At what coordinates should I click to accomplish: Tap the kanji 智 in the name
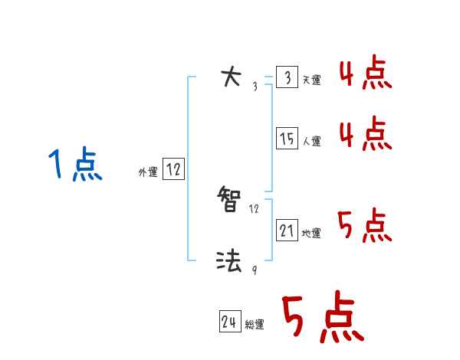tap(231, 201)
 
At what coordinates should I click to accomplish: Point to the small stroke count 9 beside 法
tap(254, 269)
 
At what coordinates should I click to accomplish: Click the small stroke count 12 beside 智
tap(255, 208)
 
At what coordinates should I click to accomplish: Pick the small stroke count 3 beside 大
tap(255, 86)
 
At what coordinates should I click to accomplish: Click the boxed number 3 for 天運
tap(287, 78)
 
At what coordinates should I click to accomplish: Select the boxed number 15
tap(287, 139)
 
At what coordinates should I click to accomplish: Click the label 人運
tap(311, 141)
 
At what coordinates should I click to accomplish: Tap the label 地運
tap(311, 233)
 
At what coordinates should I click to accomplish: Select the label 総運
tap(254, 324)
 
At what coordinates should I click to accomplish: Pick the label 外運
tap(148, 172)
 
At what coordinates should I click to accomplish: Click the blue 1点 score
tap(75, 165)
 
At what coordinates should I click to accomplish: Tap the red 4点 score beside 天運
tap(365, 75)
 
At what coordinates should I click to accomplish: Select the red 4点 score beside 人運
tap(365, 135)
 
